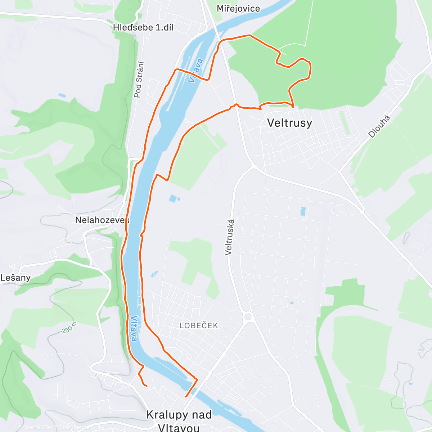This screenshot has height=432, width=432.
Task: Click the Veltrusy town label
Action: point(289,123)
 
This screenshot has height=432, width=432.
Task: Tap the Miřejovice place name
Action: point(238,8)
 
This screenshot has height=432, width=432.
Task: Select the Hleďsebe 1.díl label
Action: point(143,27)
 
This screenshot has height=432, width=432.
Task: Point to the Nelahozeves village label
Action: point(102,220)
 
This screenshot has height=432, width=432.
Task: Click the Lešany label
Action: point(15,278)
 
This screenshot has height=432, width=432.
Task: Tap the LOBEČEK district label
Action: point(199,325)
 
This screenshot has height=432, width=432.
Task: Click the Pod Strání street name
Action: point(139,80)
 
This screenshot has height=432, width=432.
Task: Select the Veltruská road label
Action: point(229,237)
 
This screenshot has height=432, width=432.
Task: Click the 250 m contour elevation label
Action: point(69,327)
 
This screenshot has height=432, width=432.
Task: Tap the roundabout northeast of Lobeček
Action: point(248,317)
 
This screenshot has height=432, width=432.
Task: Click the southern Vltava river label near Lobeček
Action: point(134,329)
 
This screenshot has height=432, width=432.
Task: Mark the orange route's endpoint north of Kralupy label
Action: point(146,386)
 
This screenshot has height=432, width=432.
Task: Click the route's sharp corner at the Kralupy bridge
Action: point(197,379)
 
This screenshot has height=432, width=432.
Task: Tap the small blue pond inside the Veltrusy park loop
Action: point(300,73)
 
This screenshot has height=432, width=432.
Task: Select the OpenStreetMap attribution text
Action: point(75,427)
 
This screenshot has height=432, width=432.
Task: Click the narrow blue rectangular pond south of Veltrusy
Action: point(303,211)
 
